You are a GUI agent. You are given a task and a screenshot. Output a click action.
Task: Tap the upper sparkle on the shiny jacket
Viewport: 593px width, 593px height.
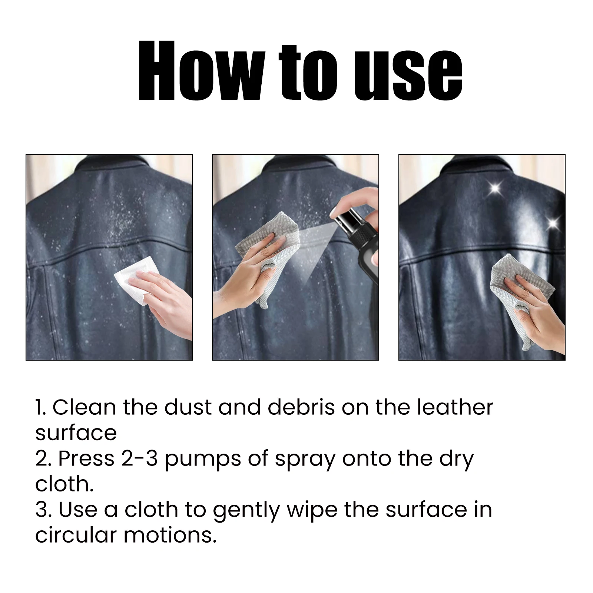495,188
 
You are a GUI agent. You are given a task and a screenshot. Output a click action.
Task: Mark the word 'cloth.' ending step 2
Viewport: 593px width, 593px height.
64,484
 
